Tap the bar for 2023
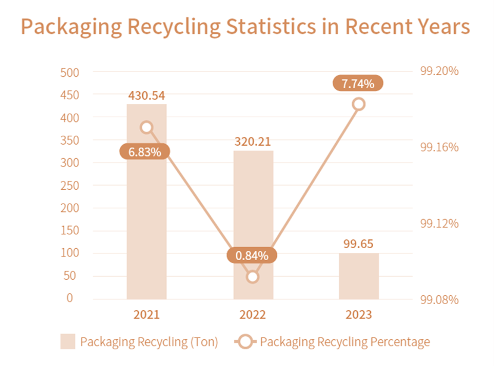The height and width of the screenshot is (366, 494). pyautogui.click(x=358, y=276)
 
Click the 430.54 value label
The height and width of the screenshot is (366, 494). pyautogui.click(x=146, y=95)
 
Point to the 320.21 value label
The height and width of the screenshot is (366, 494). pyautogui.click(x=253, y=142)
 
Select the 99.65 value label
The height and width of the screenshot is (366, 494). pyautogui.click(x=358, y=244)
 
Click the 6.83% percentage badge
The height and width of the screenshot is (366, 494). pyautogui.click(x=145, y=152)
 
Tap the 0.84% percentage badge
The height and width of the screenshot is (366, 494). pyautogui.click(x=252, y=256)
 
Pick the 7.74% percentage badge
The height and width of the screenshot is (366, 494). pyautogui.click(x=358, y=84)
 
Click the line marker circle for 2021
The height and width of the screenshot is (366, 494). pyautogui.click(x=146, y=127)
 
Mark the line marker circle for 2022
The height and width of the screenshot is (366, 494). pyautogui.click(x=253, y=277)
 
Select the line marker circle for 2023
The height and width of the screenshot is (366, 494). pyautogui.click(x=358, y=104)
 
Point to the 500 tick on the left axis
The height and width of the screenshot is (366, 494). pyautogui.click(x=70, y=73)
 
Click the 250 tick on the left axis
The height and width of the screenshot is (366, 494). pyautogui.click(x=70, y=186)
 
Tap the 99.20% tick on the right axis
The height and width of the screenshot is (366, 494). pyautogui.click(x=439, y=71)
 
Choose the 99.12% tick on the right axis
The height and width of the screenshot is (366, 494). pyautogui.click(x=439, y=224)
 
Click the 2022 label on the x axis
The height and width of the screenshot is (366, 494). pyautogui.click(x=253, y=315)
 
